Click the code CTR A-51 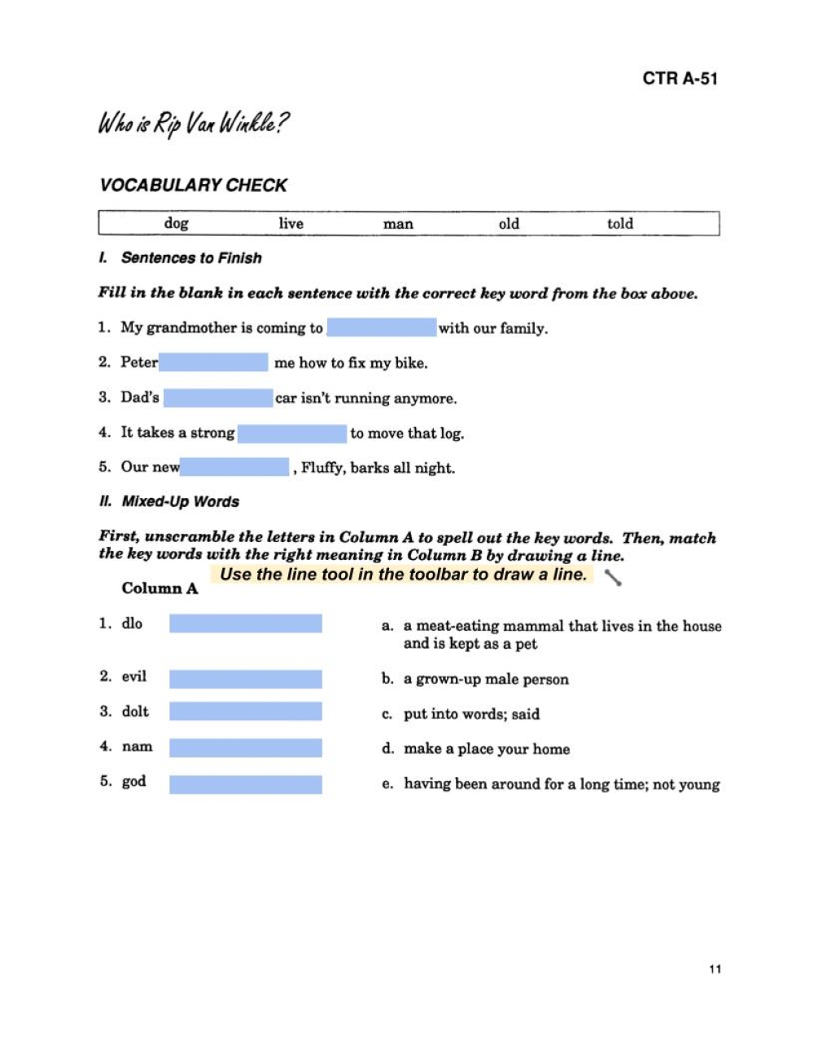pyautogui.click(x=680, y=79)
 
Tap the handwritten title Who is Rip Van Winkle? pyautogui.click(x=193, y=124)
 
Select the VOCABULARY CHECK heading pyautogui.click(x=193, y=186)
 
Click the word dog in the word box pyautogui.click(x=176, y=223)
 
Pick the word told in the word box pyautogui.click(x=619, y=223)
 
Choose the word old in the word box pyautogui.click(x=509, y=223)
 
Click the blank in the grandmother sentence pyautogui.click(x=381, y=328)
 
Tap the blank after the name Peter pyautogui.click(x=213, y=362)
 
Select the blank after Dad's pyautogui.click(x=218, y=398)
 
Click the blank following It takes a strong pyautogui.click(x=292, y=433)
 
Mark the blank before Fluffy pyautogui.click(x=235, y=467)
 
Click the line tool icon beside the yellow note pyautogui.click(x=614, y=578)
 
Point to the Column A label pyautogui.click(x=160, y=588)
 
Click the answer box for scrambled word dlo pyautogui.click(x=245, y=624)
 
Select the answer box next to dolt pyautogui.click(x=245, y=712)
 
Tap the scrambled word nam pyautogui.click(x=137, y=746)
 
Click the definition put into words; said pyautogui.click(x=471, y=714)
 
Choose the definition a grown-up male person pyautogui.click(x=486, y=679)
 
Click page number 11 pyautogui.click(x=715, y=968)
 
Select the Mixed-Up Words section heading pyautogui.click(x=180, y=501)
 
